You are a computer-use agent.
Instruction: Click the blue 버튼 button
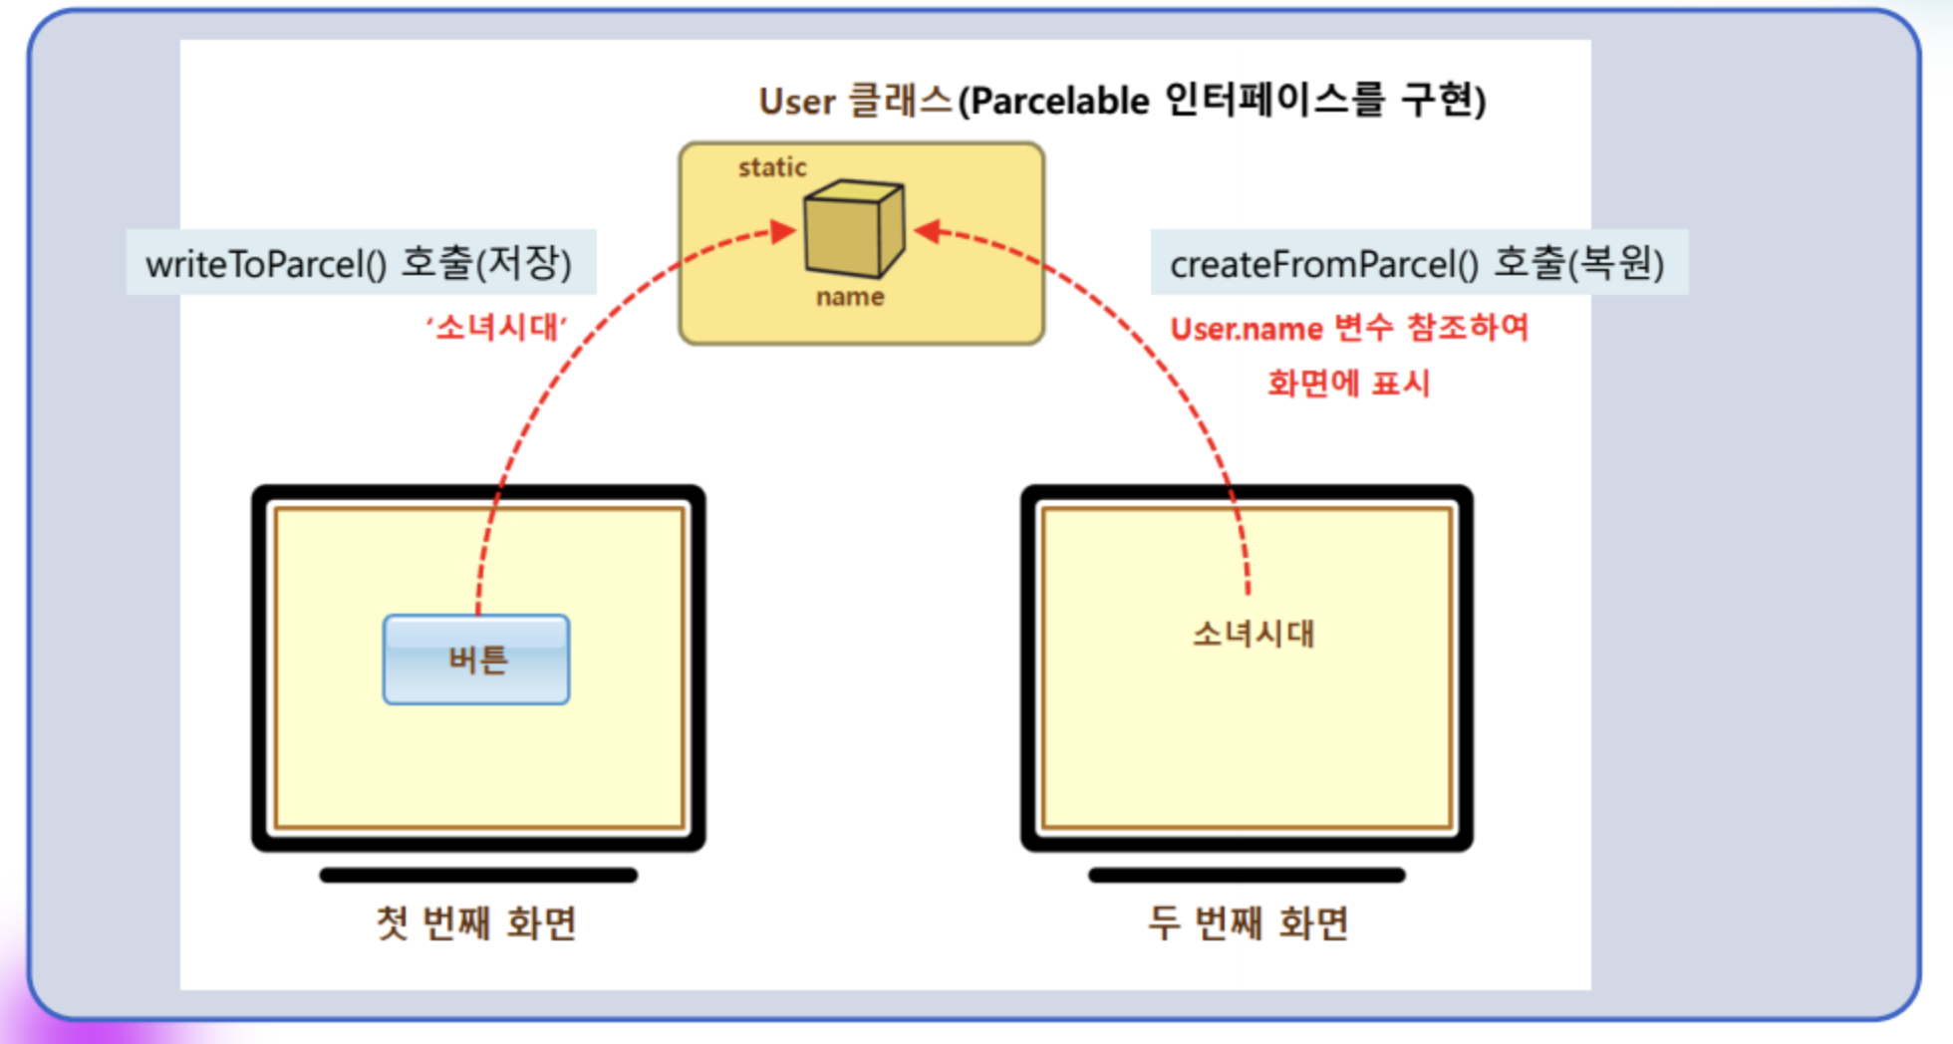pos(476,659)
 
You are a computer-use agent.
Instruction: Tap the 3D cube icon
pos(853,228)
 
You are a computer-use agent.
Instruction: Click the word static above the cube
pos(772,167)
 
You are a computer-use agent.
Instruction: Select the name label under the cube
pos(850,297)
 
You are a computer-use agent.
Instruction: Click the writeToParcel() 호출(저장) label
pos(360,263)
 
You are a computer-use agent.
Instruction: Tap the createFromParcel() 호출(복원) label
pos(1417,263)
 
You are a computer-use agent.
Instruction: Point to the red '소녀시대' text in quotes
pos(496,327)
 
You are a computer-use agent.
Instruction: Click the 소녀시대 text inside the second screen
pos(1254,634)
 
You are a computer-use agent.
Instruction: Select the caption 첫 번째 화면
pos(476,922)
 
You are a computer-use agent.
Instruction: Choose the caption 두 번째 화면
pos(1248,922)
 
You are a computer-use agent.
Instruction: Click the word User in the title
pos(796,102)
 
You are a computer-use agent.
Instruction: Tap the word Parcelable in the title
pos(1059,102)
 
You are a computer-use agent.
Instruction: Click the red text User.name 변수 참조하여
pos(1349,329)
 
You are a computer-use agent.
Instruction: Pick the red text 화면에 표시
pos(1348,384)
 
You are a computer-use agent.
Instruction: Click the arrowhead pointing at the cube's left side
pos(785,232)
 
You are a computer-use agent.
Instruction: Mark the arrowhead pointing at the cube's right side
pos(927,231)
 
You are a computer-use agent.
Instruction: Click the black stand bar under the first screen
pos(478,876)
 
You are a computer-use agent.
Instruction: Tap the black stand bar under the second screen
pos(1247,876)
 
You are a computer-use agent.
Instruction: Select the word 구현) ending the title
pos(1444,101)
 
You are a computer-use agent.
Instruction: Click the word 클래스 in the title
pos(901,101)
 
